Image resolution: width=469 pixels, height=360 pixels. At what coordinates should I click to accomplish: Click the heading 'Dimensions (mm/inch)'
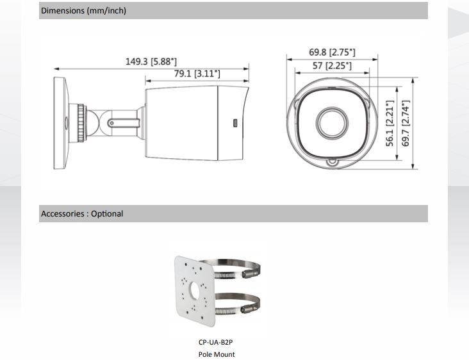point(83,11)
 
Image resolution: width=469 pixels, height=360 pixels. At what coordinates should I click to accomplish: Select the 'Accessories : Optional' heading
point(81,213)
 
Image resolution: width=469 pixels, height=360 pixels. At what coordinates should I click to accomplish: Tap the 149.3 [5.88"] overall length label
point(151,61)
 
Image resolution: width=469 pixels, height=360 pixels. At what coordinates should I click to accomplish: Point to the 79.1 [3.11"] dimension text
point(197,74)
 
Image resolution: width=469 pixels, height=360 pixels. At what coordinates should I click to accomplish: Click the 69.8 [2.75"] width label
point(332,52)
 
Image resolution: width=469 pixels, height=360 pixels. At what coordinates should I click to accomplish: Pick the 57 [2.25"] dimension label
point(331,65)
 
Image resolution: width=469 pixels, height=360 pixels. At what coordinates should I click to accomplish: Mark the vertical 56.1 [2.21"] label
point(390,123)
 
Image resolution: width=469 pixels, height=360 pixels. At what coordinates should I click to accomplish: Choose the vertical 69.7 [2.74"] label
point(405,123)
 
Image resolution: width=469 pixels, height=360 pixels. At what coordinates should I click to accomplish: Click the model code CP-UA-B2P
point(216,343)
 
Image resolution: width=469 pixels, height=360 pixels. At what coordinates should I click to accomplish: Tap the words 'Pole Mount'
point(216,354)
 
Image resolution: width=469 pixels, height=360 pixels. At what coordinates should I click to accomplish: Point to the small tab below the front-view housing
point(331,164)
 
